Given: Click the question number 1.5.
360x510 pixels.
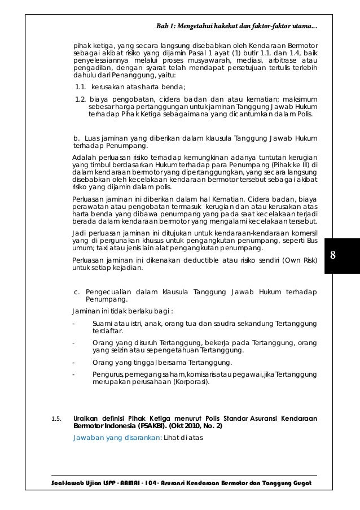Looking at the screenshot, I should coord(56,419).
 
